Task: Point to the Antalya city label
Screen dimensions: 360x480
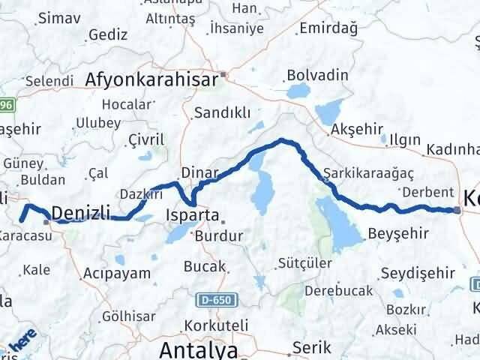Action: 198,350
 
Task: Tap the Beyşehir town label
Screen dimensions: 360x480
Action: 398,233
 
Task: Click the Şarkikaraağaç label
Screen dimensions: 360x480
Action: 369,173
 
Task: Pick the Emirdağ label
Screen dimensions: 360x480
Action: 326,28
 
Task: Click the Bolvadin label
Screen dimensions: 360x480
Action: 317,76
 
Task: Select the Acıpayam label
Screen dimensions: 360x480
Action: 118,273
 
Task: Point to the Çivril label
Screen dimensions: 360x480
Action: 145,140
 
